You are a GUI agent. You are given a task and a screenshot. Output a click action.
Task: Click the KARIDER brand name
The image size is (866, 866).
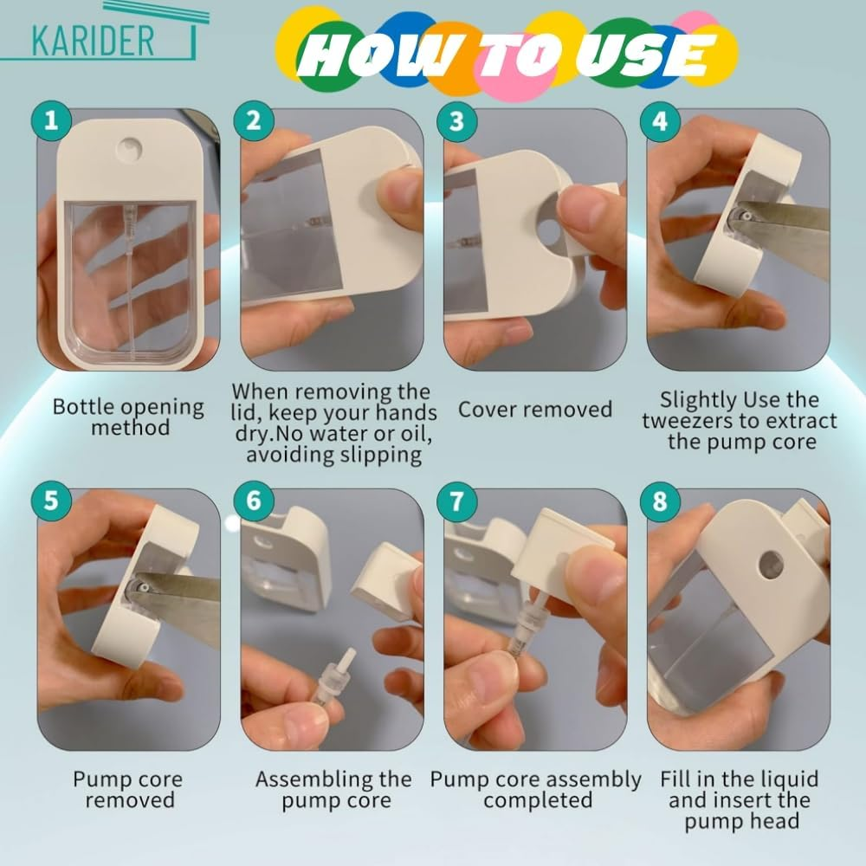(x=94, y=39)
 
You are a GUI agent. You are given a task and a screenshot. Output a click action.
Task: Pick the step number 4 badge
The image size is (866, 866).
(x=660, y=120)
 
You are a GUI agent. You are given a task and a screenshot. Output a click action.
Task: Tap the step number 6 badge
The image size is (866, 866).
(x=253, y=501)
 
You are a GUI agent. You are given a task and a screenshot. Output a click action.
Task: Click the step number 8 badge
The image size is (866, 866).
(x=660, y=501)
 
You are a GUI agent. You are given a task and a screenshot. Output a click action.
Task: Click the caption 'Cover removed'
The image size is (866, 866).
(x=535, y=410)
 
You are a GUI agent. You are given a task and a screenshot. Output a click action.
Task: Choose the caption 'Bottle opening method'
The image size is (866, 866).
(x=128, y=417)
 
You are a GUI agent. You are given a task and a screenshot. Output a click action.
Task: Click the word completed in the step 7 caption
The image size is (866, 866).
(x=536, y=800)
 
